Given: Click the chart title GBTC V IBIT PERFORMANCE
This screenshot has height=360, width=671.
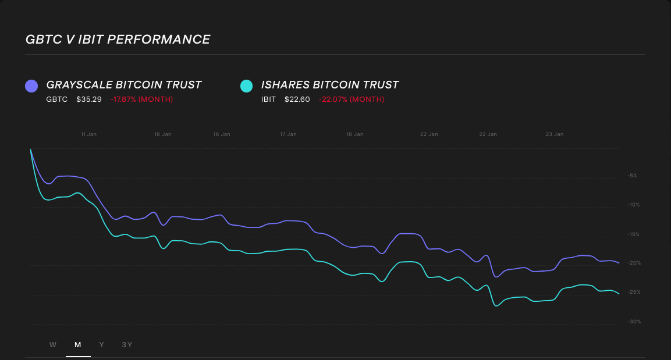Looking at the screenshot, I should (x=118, y=40).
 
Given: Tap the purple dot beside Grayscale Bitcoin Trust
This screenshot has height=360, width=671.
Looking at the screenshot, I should (x=31, y=86).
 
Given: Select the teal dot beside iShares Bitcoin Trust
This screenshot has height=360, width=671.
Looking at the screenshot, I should (x=247, y=86).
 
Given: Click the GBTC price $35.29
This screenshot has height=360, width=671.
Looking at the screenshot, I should (x=89, y=99).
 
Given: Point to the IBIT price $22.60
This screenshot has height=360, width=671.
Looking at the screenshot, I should (x=297, y=99).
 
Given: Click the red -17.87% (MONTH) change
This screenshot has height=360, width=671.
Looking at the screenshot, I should (x=141, y=99).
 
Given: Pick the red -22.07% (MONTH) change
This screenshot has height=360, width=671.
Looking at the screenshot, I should (x=352, y=99).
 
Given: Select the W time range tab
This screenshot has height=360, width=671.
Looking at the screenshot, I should (x=53, y=345).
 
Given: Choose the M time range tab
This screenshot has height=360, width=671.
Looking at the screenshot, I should (x=78, y=345).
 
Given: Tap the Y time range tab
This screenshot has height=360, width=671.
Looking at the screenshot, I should (x=102, y=345).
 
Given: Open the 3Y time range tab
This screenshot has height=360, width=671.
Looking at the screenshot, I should (x=127, y=345).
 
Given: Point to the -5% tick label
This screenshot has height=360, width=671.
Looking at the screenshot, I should (x=633, y=176).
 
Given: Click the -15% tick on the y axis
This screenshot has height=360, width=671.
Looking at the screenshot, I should (x=633, y=234).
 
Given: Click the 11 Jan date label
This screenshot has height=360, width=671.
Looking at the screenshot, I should (x=88, y=134).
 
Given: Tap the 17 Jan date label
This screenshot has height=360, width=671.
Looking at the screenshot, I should (x=288, y=134).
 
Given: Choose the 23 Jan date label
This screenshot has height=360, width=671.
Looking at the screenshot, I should (x=555, y=134).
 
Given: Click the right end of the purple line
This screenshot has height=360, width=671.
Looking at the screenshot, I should (x=619, y=263).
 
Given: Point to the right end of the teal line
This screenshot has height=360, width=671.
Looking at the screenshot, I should (x=619, y=294).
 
